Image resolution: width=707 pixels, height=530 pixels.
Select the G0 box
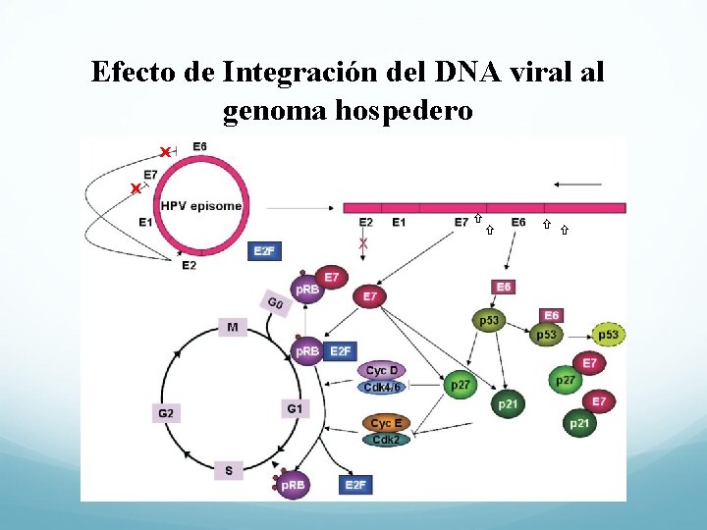(x=276, y=302)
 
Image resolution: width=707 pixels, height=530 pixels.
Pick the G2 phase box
(x=165, y=413)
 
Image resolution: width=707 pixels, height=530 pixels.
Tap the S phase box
(x=229, y=471)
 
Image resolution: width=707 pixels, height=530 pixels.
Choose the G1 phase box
(x=295, y=407)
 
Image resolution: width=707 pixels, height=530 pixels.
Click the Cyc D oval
(x=382, y=370)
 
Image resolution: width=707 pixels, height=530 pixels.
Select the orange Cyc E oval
(x=382, y=423)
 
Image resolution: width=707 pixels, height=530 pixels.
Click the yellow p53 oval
(x=609, y=335)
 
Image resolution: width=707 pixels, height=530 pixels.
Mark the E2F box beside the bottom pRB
(x=354, y=485)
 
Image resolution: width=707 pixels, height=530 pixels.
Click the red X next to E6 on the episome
(x=165, y=151)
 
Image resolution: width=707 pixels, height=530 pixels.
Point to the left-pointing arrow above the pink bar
(x=577, y=184)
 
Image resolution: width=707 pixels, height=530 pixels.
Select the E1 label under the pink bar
(x=399, y=223)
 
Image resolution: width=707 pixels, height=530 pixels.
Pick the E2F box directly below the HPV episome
(x=264, y=251)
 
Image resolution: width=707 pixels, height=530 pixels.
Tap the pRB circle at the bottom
(x=293, y=485)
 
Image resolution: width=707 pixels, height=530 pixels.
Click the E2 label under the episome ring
(x=189, y=265)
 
